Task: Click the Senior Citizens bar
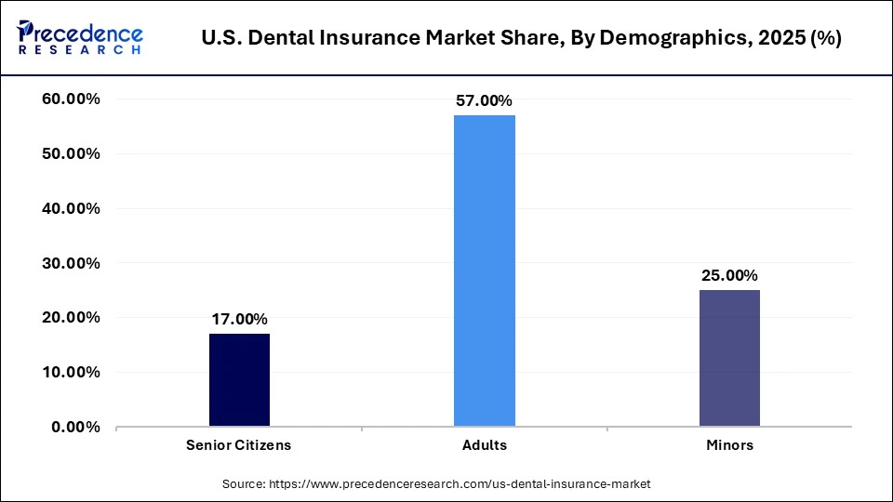(x=239, y=380)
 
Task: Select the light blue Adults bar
(x=485, y=271)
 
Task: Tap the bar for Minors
(x=729, y=358)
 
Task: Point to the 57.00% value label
(x=485, y=99)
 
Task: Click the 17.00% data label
(x=239, y=318)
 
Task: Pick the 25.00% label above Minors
(x=729, y=275)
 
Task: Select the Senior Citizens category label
(x=239, y=445)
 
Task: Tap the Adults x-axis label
(x=485, y=445)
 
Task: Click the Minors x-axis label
(x=729, y=445)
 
